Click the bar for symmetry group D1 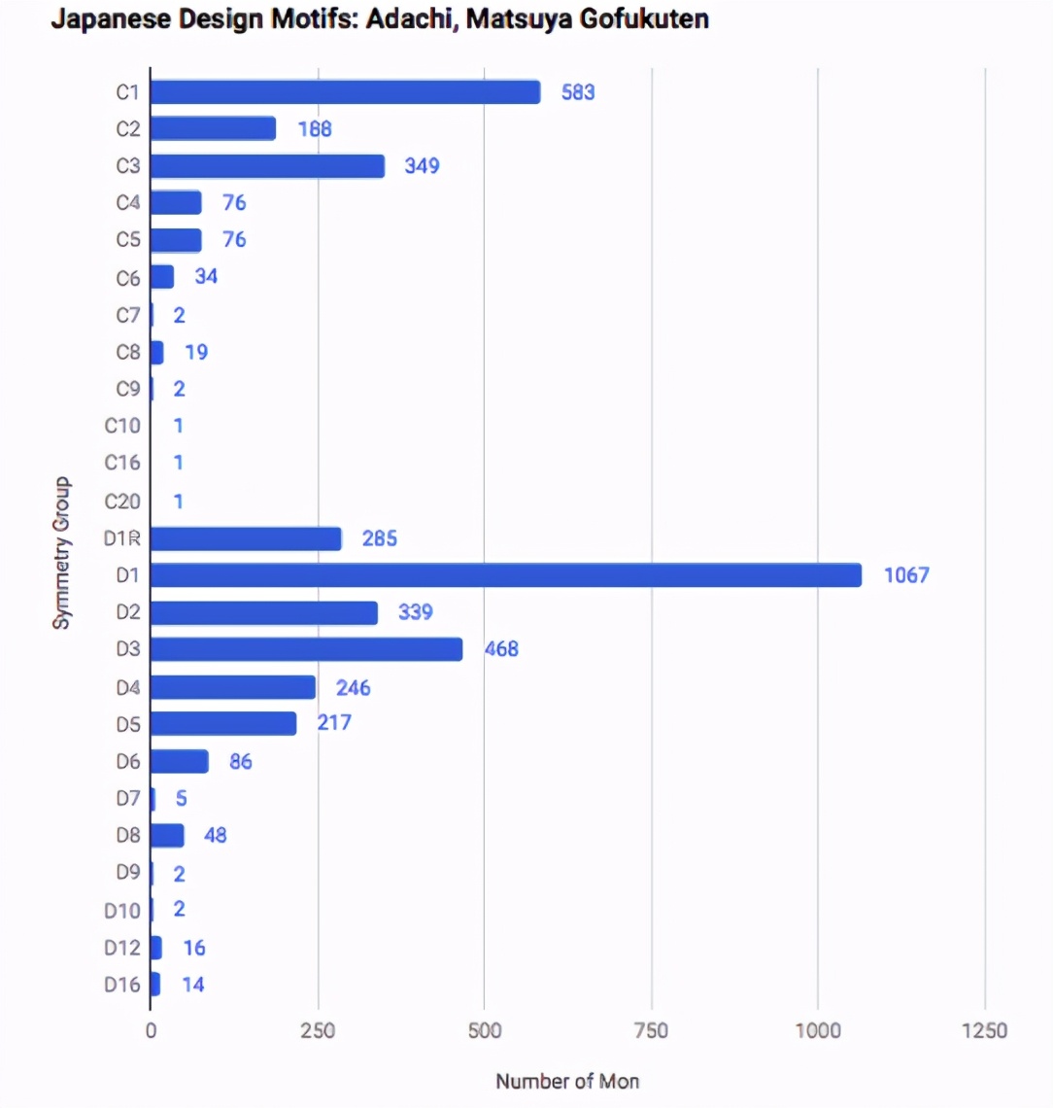click(505, 575)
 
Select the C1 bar click(345, 92)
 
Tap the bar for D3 click(306, 649)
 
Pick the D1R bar click(246, 538)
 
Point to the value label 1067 click(906, 575)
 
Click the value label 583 click(578, 92)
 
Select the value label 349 click(422, 166)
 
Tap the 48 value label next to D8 click(215, 835)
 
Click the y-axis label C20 click(122, 502)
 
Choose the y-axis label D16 click(122, 985)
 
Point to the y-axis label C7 click(128, 315)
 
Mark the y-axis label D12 click(122, 948)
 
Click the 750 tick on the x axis click(651, 1031)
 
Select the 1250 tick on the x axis click(983, 1031)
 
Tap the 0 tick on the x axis click(151, 1031)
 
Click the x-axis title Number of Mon click(567, 1081)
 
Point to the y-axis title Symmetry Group click(62, 553)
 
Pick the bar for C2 click(213, 129)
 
